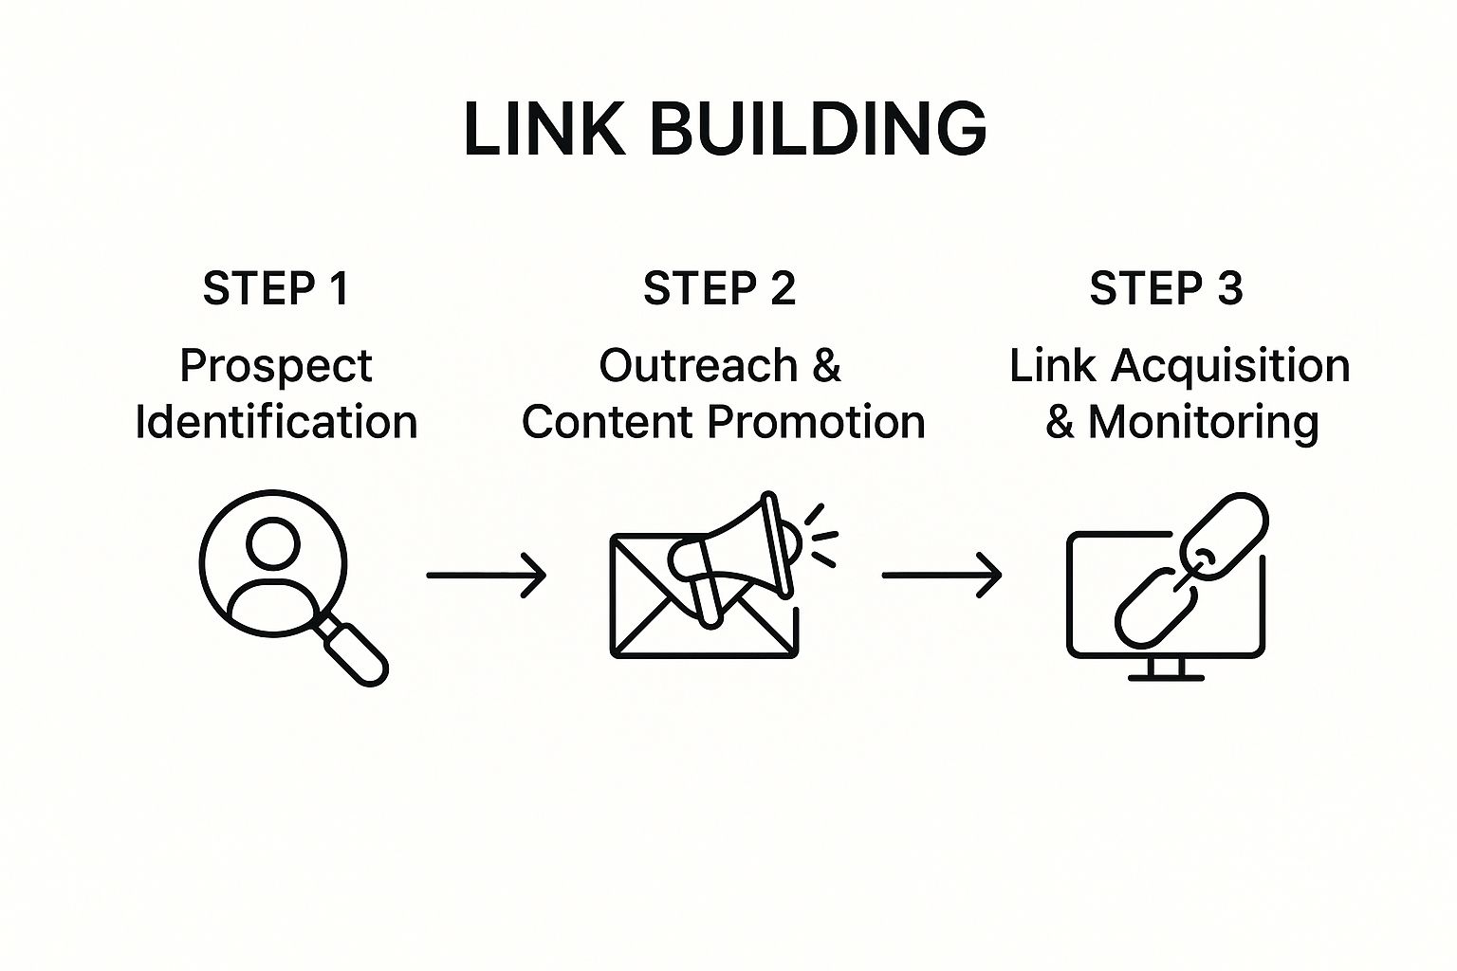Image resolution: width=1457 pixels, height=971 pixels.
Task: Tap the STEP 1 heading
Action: point(276,288)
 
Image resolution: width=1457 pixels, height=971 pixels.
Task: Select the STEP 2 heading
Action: point(719,288)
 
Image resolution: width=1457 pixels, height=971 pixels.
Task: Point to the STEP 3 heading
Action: point(1166,288)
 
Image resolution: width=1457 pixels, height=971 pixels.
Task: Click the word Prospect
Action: point(276,367)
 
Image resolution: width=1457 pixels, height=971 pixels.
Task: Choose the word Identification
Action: point(276,422)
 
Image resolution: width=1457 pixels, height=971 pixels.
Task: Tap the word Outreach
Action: point(698,366)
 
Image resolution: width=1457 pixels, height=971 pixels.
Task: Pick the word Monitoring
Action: point(1203,423)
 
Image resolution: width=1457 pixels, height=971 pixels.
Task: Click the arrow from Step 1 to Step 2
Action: point(486,575)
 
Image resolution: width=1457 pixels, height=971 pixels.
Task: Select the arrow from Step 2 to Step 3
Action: point(941,575)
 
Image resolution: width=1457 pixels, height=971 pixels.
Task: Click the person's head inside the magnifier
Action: point(273,543)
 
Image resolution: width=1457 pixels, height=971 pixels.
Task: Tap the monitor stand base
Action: point(1166,677)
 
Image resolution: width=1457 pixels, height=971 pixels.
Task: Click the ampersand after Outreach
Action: point(826,366)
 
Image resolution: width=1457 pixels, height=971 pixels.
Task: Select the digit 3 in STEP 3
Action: point(1229,288)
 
